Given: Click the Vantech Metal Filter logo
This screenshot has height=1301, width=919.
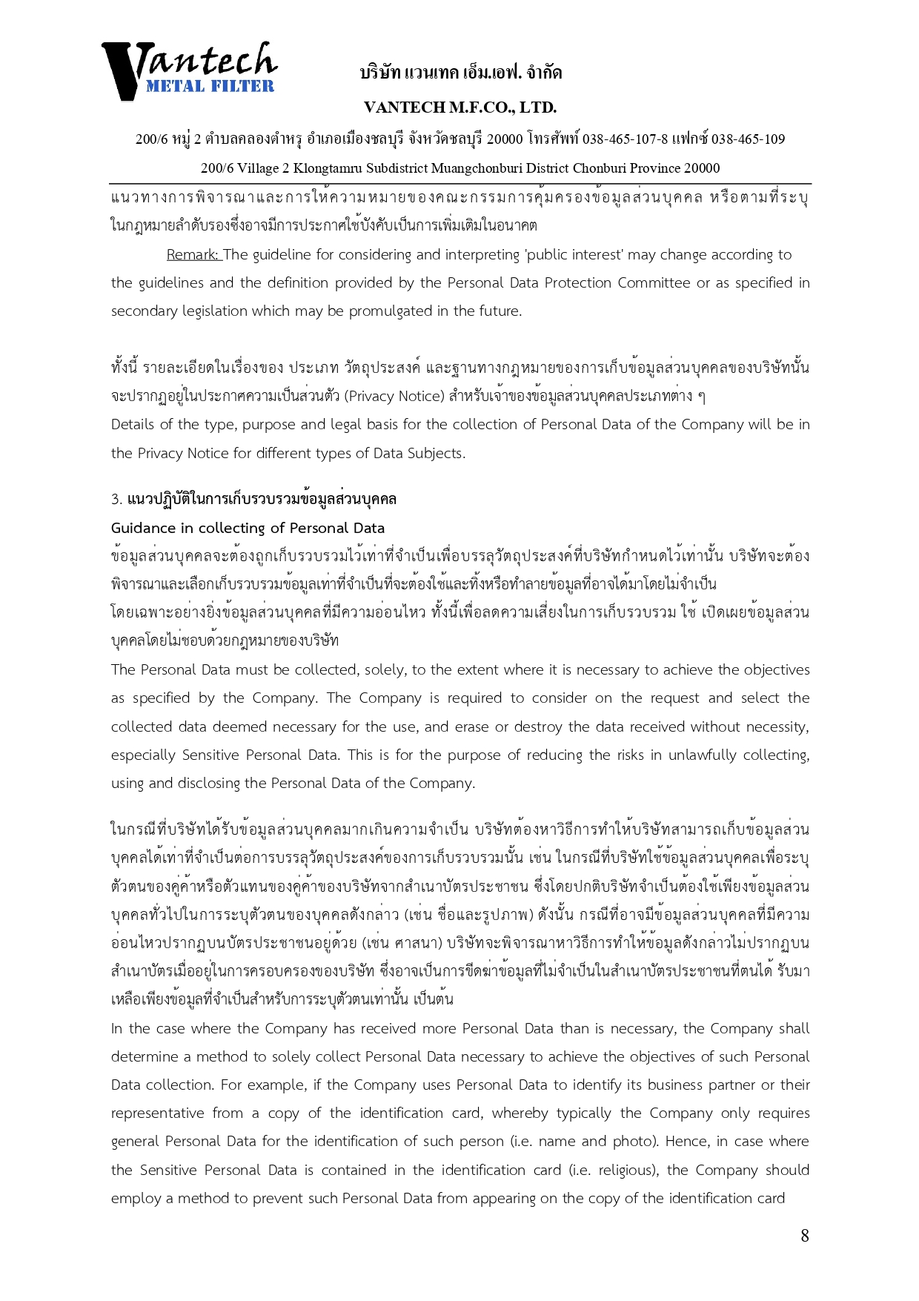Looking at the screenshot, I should point(189,70).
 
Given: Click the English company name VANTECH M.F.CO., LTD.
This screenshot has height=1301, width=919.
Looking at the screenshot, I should point(460,107).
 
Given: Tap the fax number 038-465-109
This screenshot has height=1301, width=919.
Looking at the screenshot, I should point(748,139).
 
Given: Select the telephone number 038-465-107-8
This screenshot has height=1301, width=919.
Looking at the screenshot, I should point(625,139).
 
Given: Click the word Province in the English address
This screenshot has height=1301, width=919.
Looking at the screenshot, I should point(649,168).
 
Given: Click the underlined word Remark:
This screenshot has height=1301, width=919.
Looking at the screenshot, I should point(193,255).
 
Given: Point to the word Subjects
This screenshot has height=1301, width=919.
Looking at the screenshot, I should point(436,454).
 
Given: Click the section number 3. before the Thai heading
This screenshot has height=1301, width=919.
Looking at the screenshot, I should point(116,500).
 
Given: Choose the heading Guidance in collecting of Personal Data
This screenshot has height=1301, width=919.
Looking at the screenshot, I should point(248,528).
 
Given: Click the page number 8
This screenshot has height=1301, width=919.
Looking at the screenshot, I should point(804,1236).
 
